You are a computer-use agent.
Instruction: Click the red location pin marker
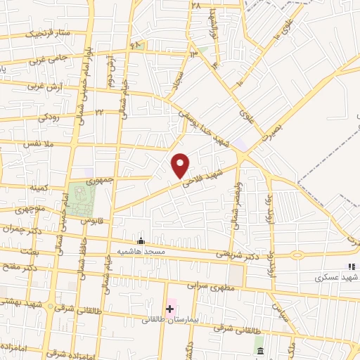(x=181, y=165)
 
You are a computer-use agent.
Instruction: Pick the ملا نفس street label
(x=36, y=144)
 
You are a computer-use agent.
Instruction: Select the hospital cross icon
(x=169, y=309)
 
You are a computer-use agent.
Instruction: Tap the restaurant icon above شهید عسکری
(x=351, y=266)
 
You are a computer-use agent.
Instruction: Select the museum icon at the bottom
(x=260, y=350)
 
